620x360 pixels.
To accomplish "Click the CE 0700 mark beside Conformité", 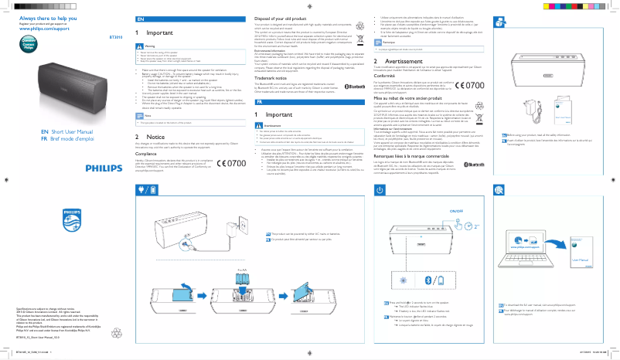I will (x=472, y=86).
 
